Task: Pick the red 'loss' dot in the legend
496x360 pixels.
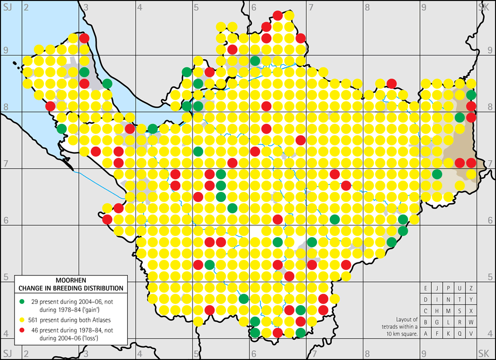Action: click(22, 331)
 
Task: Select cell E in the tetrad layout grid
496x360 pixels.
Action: click(426, 288)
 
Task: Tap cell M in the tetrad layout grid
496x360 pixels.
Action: click(449, 311)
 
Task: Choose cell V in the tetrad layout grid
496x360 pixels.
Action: click(471, 334)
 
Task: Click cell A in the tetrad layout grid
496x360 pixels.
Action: click(426, 334)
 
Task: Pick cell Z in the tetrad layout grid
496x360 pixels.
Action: click(471, 288)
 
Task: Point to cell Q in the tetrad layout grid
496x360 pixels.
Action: click(460, 334)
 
